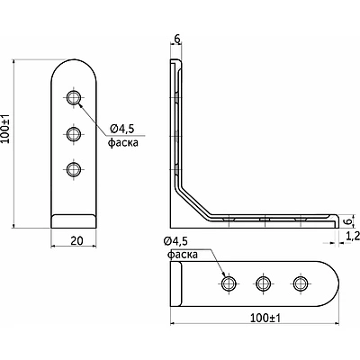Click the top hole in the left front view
pyautogui.click(x=74, y=97)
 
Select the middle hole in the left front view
pyautogui.click(x=74, y=134)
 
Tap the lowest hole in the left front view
pyautogui.click(x=74, y=169)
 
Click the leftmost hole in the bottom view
pyautogui.click(x=229, y=283)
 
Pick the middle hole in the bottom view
pyautogui.click(x=264, y=283)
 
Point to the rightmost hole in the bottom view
pyautogui.click(x=301, y=283)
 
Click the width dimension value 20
pyautogui.click(x=76, y=240)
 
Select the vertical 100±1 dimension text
pyautogui.click(x=5, y=129)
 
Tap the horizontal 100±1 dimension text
pyautogui.click(x=265, y=318)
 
